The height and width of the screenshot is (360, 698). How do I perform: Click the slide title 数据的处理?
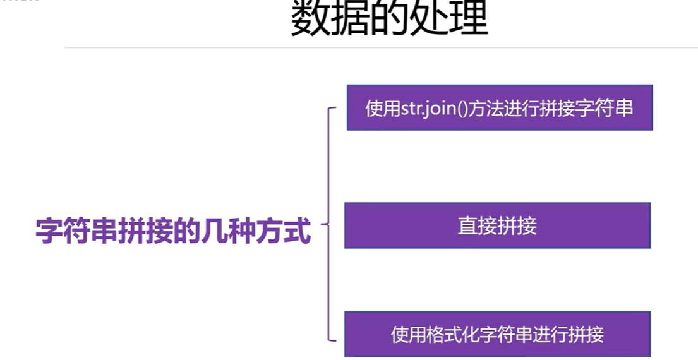click(389, 19)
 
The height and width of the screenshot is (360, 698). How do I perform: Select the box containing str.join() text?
click(499, 107)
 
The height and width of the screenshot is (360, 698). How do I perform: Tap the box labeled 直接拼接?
click(497, 225)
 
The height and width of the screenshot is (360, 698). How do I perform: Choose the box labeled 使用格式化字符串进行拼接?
click(497, 334)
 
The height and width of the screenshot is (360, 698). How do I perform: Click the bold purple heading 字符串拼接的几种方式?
click(173, 232)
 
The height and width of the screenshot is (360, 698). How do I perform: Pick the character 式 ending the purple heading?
click(298, 232)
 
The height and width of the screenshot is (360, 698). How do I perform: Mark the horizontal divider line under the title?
click(379, 47)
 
